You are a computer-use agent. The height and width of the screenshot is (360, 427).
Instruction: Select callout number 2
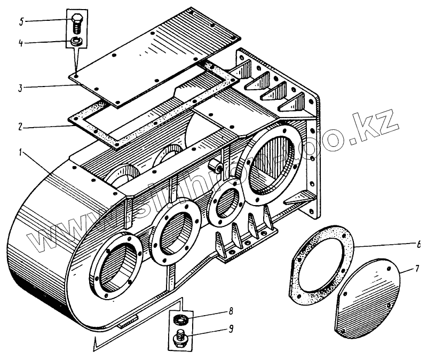[x=20, y=127]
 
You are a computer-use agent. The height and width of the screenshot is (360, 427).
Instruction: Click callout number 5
[x=20, y=21]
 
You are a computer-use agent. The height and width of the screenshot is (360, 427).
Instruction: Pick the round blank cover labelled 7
[x=368, y=299]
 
